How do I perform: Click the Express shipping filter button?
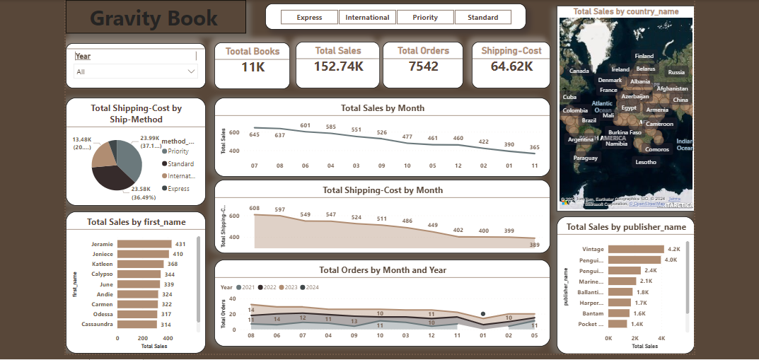click(309, 18)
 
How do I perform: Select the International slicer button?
click(367, 18)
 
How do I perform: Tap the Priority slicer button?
click(424, 18)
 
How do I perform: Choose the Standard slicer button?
click(482, 18)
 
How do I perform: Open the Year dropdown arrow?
click(192, 71)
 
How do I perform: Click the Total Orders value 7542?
click(423, 66)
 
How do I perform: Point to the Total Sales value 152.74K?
click(339, 66)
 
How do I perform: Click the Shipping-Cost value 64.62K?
click(511, 66)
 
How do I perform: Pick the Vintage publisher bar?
click(635, 249)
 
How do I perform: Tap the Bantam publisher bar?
click(618, 313)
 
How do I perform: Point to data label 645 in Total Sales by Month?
click(255, 135)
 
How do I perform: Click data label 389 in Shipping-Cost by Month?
click(534, 245)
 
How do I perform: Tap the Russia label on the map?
click(676, 72)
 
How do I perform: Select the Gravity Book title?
click(154, 18)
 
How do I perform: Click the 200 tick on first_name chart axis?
click(142, 339)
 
